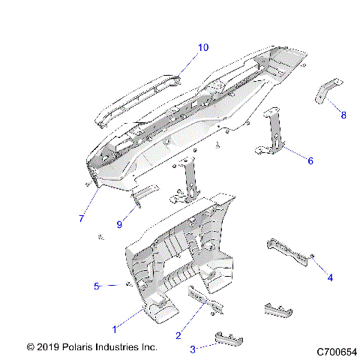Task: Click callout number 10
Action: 203,48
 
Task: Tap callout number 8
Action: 343,115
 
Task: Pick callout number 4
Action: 329,277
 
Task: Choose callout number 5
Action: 96,286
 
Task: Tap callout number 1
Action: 114,329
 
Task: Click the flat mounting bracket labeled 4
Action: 286,253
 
